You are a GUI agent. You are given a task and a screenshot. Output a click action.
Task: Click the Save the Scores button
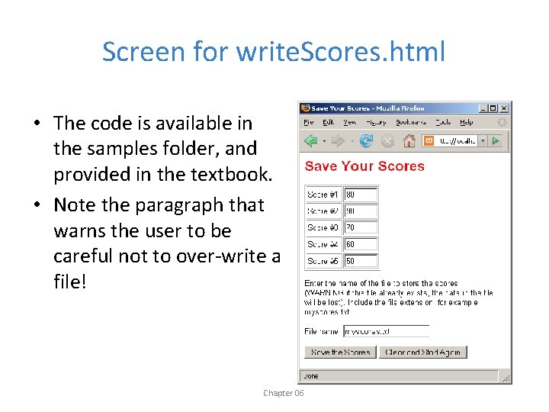[x=339, y=352]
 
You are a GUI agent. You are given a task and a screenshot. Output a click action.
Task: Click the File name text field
[x=386, y=331]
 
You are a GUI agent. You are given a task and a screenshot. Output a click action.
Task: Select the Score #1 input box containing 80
[x=361, y=195]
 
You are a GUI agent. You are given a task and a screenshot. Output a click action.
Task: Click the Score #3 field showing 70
[x=361, y=227]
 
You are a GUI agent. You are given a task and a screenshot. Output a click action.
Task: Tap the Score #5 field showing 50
[x=361, y=261]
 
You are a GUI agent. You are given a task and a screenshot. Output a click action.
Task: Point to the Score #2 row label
[x=323, y=211]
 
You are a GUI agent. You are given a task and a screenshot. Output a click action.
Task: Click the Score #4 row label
[x=323, y=244]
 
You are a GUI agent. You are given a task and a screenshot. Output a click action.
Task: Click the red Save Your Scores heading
[x=364, y=166]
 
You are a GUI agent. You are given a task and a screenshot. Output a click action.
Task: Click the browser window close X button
[x=503, y=108]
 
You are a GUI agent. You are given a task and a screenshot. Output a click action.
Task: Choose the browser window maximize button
[x=493, y=108]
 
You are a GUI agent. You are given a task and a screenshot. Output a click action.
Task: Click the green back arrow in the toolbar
[x=311, y=140]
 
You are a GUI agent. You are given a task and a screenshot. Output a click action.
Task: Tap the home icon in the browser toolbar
[x=409, y=140]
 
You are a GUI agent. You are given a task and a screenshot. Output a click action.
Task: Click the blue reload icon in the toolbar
[x=367, y=140]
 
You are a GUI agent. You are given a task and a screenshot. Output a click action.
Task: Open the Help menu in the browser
[x=467, y=122]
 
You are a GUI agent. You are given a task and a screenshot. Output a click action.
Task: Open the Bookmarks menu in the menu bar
[x=411, y=122]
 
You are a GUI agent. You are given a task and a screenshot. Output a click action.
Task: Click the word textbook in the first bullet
[x=233, y=174]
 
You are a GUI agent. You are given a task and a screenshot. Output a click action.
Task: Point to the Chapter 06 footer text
[x=283, y=393]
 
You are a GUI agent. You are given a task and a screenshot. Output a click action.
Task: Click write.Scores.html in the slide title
[x=340, y=52]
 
